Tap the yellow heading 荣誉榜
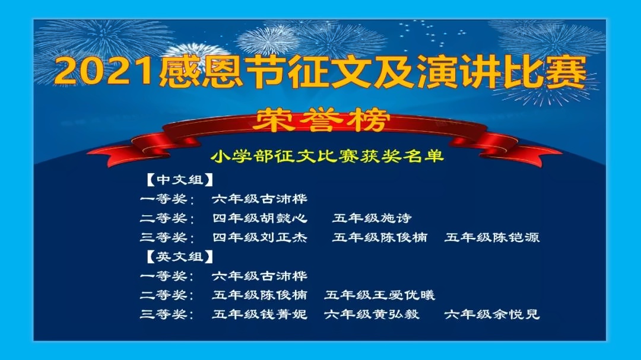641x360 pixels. point(320,120)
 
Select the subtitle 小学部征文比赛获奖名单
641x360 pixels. point(328,156)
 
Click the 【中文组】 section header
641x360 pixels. point(180,180)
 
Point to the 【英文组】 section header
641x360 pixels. point(180,257)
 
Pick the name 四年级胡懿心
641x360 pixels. point(259,218)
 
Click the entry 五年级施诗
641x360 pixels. point(372,218)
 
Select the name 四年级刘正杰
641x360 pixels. point(259,237)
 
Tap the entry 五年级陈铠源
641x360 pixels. point(492,237)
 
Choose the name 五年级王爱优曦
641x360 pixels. point(380,295)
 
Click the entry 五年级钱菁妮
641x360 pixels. point(259,314)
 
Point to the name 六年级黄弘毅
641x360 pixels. point(372,314)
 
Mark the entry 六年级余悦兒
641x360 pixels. point(492,314)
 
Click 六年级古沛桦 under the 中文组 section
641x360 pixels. point(259,199)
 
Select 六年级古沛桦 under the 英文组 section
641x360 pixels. point(259,276)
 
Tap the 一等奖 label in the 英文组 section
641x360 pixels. point(164,276)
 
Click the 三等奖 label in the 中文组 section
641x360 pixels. point(164,237)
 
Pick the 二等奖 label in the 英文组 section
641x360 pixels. point(164,295)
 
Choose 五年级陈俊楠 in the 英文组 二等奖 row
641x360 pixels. point(259,295)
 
